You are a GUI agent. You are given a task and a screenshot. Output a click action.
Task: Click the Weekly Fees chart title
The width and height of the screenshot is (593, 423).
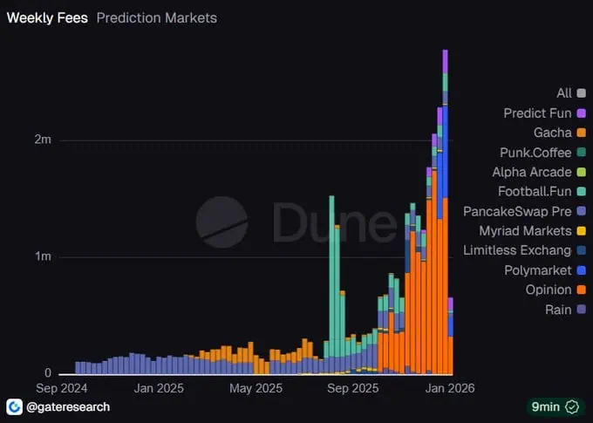47,17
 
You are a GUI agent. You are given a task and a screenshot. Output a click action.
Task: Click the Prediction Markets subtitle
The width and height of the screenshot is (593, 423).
156,17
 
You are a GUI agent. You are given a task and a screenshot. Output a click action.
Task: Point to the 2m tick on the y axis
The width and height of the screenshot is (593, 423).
41,140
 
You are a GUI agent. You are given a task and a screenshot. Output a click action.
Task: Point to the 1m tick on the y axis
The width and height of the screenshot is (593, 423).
41,256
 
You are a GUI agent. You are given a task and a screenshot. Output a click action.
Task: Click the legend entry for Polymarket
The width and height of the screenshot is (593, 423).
538,270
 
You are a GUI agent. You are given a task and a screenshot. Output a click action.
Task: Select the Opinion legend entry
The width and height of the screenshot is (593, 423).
549,290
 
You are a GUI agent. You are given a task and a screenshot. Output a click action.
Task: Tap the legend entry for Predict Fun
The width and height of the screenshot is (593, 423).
538,113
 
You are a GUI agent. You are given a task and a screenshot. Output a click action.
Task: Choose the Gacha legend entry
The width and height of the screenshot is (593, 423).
553,133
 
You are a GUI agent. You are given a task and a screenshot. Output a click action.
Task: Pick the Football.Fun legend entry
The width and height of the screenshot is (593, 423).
535,191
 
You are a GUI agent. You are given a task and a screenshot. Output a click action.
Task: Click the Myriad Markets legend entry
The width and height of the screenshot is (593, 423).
526,230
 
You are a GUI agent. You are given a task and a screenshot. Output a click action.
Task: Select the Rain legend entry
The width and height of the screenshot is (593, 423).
558,310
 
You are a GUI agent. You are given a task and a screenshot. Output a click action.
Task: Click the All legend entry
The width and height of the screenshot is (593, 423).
564,92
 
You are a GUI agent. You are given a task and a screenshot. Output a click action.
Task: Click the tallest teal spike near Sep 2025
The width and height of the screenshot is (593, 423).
331,262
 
